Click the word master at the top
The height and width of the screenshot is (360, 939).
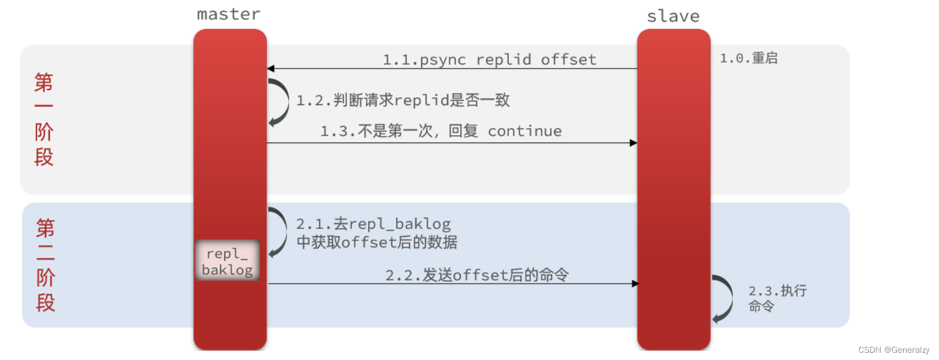pos(229,14)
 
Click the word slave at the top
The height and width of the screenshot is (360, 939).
pos(673,16)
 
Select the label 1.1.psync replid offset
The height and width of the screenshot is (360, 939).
pos(490,59)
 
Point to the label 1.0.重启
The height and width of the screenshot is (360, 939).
pos(749,59)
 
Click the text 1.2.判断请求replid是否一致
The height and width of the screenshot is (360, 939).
pos(403,100)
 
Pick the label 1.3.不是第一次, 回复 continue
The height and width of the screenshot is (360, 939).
pos(440,131)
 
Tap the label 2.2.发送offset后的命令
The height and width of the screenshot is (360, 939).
pos(477,275)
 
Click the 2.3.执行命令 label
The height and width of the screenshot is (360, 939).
pos(777,298)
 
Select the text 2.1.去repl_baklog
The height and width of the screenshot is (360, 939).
pos(373,224)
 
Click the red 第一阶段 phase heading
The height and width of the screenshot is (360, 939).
pos(44,119)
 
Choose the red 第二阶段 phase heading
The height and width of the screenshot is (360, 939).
pos(45,264)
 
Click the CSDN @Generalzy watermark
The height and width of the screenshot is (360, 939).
pos(893,350)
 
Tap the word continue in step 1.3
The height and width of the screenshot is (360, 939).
pos(524,131)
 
